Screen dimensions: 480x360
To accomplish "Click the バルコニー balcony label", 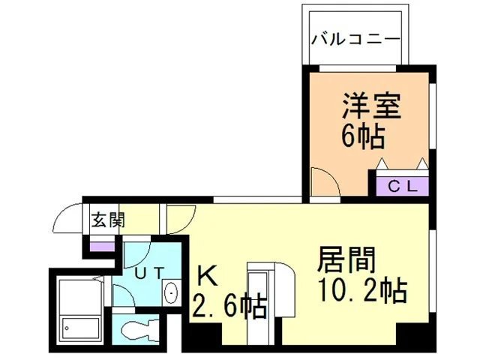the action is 356,40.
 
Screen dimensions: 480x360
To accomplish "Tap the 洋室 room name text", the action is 371,106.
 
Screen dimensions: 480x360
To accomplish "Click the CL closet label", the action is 403,187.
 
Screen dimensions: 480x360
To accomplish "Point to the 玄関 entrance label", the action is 108,220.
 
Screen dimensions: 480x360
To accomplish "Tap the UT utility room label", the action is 149,273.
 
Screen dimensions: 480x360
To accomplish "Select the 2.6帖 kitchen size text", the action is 229,306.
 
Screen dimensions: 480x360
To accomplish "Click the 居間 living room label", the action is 346,260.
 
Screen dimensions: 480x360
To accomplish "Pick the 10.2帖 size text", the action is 362,289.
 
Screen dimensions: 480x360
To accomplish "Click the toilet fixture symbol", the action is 140,329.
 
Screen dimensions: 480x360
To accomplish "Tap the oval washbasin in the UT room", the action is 172,293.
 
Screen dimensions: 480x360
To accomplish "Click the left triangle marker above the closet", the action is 382,163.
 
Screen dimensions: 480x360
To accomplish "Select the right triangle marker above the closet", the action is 422,163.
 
